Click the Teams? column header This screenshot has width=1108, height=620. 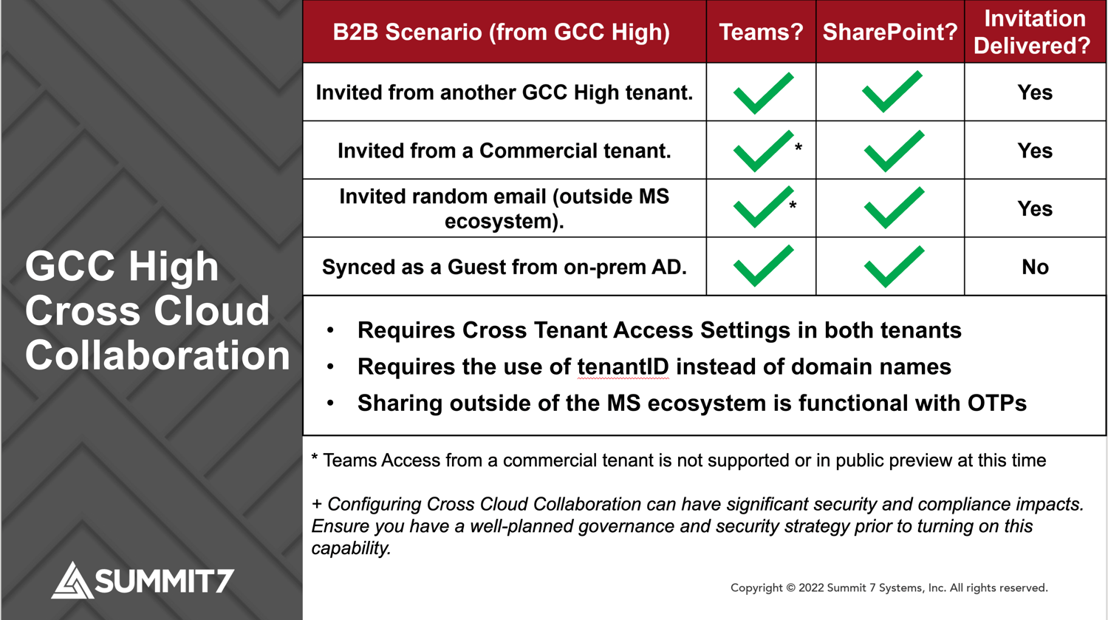point(761,32)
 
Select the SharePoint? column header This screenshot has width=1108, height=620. point(889,32)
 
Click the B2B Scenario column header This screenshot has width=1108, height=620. point(501,32)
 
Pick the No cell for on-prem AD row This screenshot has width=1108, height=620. point(1035,267)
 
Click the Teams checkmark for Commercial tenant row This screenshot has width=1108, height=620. point(762,151)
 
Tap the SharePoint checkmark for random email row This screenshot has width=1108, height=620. point(893,208)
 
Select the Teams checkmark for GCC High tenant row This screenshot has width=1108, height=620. point(763,93)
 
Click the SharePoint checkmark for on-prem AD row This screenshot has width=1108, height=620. point(893,266)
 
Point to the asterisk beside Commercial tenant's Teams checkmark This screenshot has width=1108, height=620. point(798,148)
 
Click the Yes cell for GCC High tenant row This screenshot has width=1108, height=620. point(1035,92)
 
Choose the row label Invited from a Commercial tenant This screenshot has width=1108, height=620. point(504,151)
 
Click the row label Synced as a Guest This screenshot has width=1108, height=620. point(504,267)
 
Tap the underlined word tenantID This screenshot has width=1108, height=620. point(623,367)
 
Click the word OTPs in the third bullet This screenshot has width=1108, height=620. point(996,403)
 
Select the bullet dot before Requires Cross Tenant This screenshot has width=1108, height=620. point(330,330)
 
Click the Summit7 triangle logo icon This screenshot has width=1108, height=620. point(72,581)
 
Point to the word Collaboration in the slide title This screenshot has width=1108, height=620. point(157,355)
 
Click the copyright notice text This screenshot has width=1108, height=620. point(889,587)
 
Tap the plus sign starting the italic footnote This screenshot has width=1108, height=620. point(317,505)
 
